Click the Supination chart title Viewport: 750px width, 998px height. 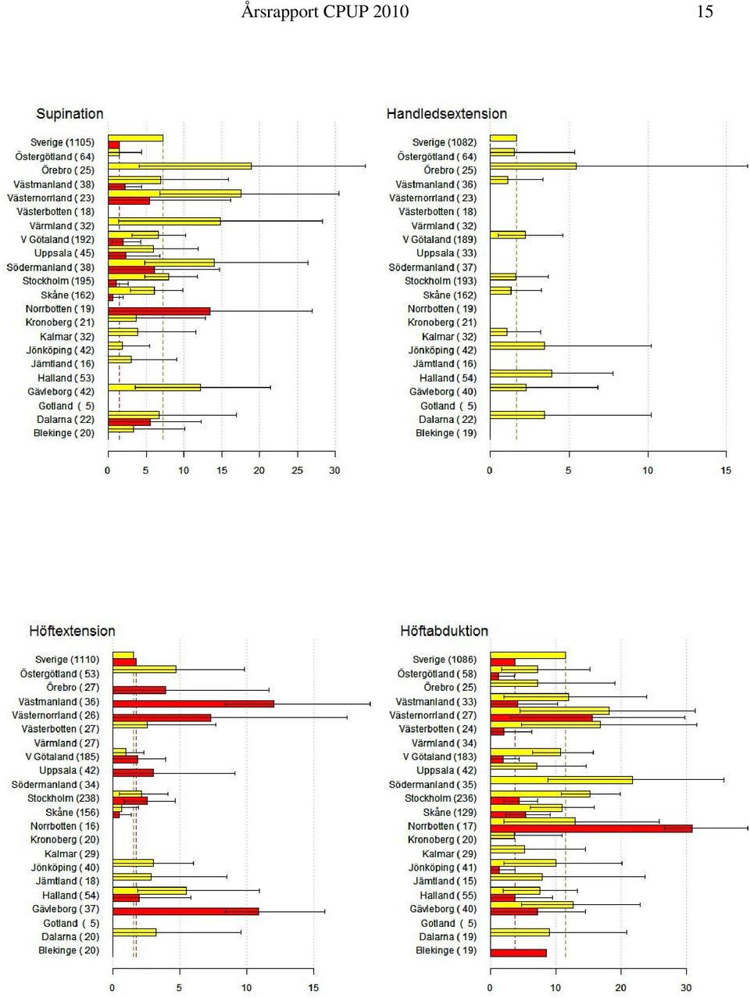pos(70,113)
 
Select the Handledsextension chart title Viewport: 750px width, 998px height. pos(446,113)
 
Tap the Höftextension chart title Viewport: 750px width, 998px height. pos(72,631)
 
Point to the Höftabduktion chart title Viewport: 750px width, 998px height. pos(444,631)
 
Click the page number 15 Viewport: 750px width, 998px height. pos(704,12)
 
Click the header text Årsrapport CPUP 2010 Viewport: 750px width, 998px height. pos(324,12)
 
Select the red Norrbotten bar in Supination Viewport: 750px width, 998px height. pos(159,311)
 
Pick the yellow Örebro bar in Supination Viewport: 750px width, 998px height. pos(180,166)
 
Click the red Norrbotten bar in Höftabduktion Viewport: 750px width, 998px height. pos(591,828)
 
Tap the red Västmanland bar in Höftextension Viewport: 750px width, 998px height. pos(193,704)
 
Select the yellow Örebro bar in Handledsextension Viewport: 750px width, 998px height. pos(533,166)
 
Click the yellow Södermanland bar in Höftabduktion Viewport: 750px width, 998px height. pos(562,780)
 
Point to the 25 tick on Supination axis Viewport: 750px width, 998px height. pos(298,470)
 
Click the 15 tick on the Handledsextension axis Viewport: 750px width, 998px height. pos(726,470)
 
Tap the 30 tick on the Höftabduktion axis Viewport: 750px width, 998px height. pos(686,987)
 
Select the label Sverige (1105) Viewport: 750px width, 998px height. pos(62,142)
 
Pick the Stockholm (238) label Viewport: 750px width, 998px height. pos(63,798)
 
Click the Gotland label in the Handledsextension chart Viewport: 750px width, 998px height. pos(448,406)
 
